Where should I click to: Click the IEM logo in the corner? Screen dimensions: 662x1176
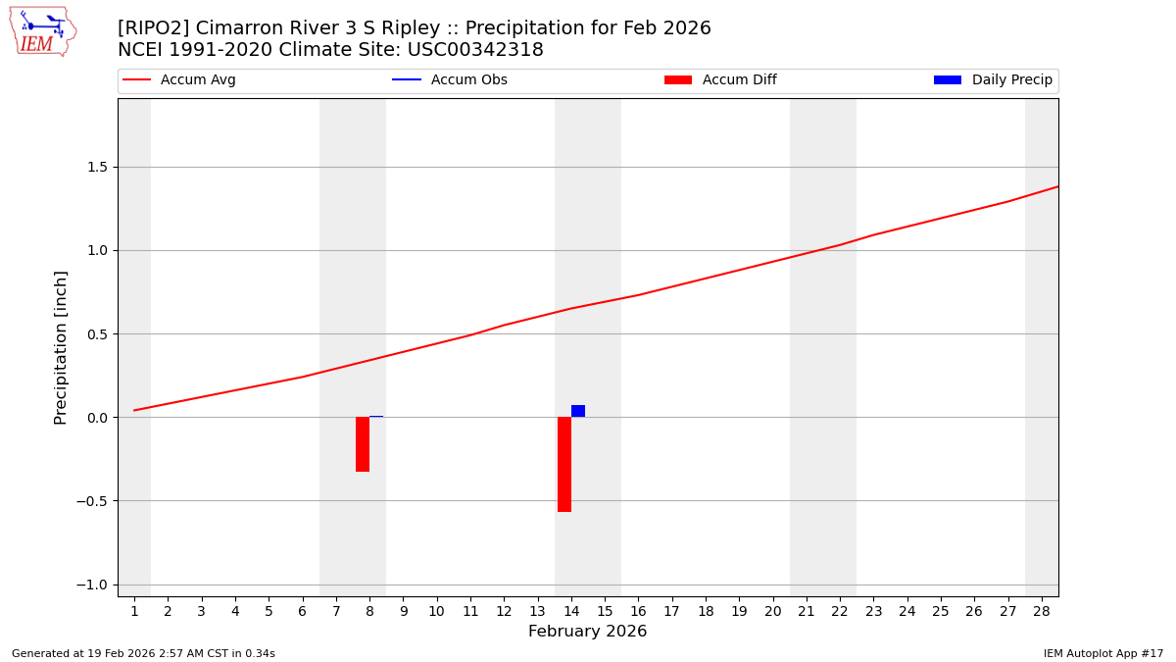(42, 31)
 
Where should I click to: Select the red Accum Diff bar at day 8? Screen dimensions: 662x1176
(363, 444)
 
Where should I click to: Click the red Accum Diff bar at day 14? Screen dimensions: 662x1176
(564, 464)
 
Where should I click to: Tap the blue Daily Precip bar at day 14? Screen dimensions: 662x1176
(578, 411)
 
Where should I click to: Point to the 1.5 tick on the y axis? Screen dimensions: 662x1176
(98, 167)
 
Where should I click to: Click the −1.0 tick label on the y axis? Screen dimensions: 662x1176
(94, 585)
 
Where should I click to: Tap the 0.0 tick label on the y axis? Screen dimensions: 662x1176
(98, 418)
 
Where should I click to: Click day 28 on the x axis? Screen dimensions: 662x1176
(1042, 612)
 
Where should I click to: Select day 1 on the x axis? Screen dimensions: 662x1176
(134, 612)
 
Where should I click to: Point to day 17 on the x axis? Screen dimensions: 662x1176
(671, 612)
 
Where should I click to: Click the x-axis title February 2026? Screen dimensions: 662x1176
(587, 632)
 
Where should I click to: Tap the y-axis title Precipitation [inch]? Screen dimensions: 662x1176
(61, 347)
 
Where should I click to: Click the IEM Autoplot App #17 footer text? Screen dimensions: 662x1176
(1102, 653)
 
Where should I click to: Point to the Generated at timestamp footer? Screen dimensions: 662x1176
(143, 653)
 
